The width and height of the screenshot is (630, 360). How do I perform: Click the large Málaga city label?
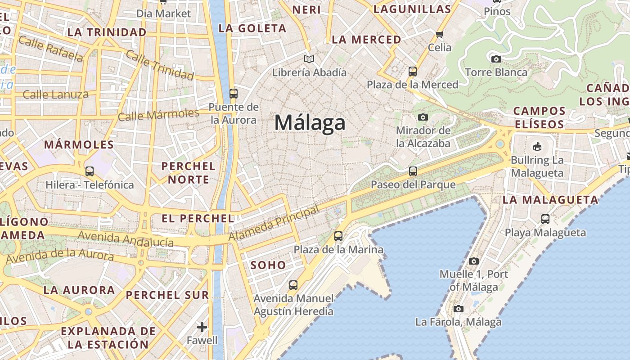click(x=310, y=122)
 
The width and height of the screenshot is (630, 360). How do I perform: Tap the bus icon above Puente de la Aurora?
click(x=233, y=94)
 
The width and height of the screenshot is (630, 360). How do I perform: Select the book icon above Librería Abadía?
click(x=309, y=59)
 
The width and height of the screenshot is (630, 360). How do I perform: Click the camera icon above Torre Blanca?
click(x=496, y=59)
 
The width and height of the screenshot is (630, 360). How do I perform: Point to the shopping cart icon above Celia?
click(x=440, y=34)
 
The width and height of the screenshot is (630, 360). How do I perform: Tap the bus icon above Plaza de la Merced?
click(x=412, y=71)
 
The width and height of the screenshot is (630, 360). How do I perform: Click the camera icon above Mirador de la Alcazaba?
click(x=423, y=117)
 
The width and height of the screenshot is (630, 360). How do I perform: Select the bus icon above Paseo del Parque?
click(x=413, y=171)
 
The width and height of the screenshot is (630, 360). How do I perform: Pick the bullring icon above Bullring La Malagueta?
click(x=537, y=146)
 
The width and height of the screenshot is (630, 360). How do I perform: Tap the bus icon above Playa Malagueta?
click(x=545, y=219)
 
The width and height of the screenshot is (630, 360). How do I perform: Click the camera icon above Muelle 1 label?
click(x=473, y=261)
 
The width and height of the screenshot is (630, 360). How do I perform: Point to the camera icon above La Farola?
click(x=458, y=309)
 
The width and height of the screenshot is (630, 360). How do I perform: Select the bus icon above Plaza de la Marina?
click(x=338, y=236)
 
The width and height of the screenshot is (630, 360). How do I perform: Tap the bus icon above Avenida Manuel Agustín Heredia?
click(x=293, y=285)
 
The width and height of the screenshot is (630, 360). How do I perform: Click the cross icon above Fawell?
click(x=202, y=327)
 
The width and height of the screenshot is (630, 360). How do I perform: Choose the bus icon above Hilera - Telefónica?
click(x=90, y=171)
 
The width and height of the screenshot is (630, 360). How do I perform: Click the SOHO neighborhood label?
click(x=268, y=265)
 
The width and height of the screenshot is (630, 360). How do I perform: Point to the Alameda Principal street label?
click(x=274, y=223)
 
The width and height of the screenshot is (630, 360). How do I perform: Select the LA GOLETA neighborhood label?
click(x=252, y=28)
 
